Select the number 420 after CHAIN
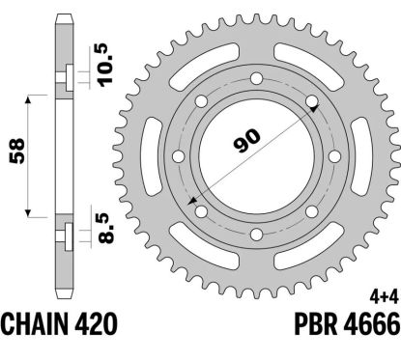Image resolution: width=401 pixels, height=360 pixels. (96, 324)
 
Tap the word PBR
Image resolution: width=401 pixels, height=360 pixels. (315, 324)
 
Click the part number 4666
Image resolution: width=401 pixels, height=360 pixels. (371, 324)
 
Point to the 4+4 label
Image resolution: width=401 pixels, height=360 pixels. (384, 298)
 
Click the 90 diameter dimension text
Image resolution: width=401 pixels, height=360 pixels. (246, 141)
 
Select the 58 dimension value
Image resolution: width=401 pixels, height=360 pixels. (16, 152)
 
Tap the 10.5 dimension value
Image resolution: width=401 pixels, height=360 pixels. (105, 65)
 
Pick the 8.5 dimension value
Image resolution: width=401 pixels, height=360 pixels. (106, 229)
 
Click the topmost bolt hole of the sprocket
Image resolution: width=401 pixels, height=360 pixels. (256, 78)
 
